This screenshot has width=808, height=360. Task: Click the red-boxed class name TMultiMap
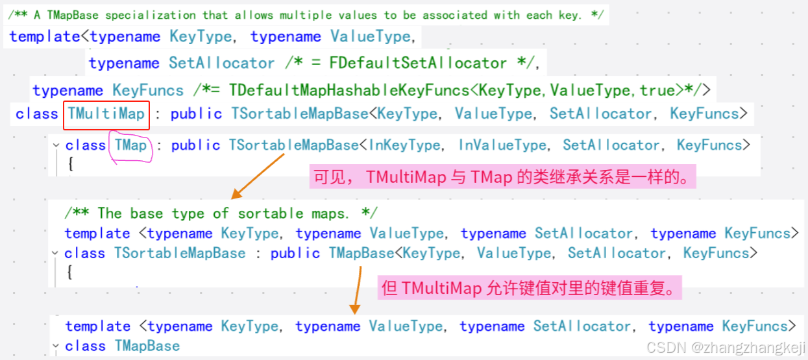pos(106,114)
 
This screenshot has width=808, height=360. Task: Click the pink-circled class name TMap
pos(131,145)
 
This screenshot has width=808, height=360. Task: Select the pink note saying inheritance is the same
pos(502,177)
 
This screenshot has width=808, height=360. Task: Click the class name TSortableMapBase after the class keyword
pos(180,253)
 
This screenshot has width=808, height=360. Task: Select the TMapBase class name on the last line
pos(147,346)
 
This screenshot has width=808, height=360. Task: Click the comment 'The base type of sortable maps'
pos(221,213)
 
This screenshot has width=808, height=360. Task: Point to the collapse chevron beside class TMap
pos(56,145)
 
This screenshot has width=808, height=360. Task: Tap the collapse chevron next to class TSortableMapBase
pos(56,253)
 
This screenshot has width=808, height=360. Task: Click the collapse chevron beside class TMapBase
pos(56,346)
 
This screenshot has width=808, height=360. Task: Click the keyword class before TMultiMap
pos(37,114)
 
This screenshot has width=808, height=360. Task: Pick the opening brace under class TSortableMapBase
pos(70,272)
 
